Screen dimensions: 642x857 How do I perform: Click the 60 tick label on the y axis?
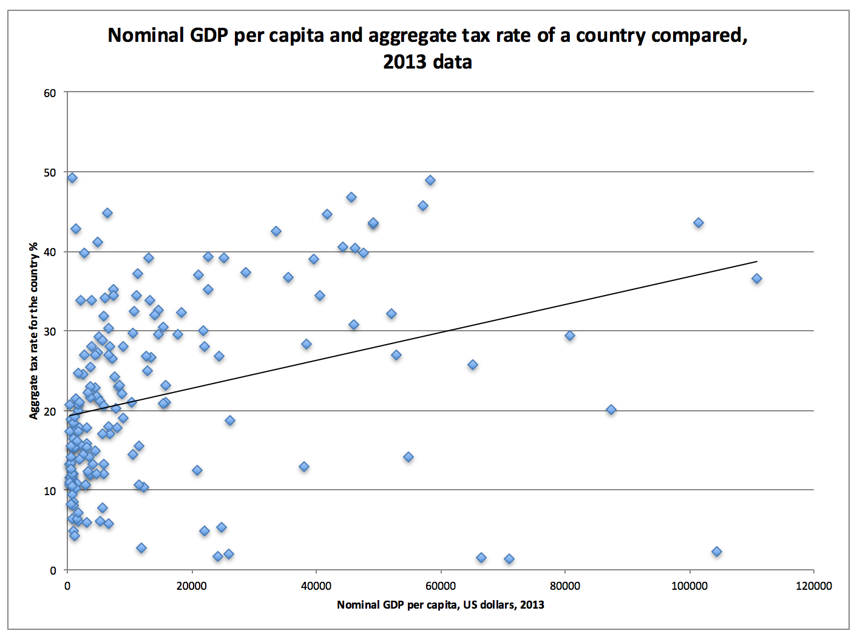50,93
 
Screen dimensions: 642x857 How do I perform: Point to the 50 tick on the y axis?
50,172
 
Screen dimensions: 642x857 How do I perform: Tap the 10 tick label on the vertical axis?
50,491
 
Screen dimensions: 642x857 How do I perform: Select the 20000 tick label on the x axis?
192,586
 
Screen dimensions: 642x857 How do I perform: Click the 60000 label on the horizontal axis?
441,586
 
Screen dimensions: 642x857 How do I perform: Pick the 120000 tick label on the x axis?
814,586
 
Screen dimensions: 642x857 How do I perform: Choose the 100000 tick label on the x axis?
689,586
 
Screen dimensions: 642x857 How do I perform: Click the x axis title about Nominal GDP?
441,605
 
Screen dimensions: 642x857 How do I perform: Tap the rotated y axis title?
34,331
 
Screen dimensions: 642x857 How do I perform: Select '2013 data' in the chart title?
427,62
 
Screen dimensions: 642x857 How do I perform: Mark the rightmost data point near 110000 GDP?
757,279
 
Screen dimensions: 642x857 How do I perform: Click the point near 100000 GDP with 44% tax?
699,223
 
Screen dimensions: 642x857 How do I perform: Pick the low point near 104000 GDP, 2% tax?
717,552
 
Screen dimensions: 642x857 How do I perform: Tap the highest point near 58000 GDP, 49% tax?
430,180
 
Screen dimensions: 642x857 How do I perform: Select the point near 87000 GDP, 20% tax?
611,410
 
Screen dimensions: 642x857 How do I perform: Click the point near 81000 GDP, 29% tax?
570,336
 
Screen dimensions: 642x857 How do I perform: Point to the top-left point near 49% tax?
72,178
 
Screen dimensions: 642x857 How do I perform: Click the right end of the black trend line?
757,262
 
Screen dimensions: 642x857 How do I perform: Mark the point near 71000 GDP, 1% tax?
509,559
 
